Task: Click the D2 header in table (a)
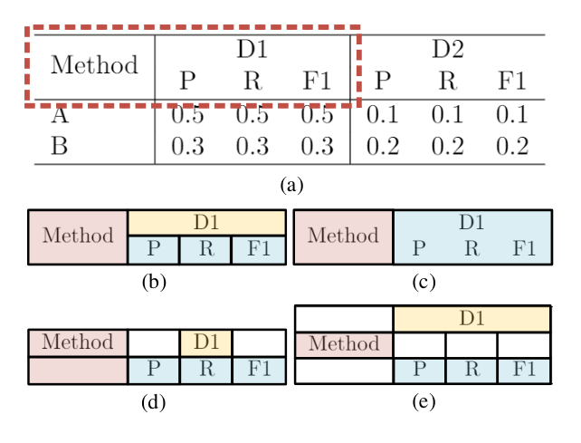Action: point(448,49)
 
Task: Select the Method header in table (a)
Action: point(94,64)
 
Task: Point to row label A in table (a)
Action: point(60,114)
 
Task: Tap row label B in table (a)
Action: point(59,146)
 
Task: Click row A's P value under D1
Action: point(187,114)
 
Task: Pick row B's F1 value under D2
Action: point(512,146)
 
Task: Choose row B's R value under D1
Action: point(252,146)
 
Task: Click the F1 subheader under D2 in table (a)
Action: point(512,80)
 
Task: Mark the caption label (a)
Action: point(291,185)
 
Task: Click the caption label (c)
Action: point(424,282)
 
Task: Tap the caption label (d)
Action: point(153,402)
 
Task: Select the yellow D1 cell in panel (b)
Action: point(206,223)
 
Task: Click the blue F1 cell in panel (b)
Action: point(259,250)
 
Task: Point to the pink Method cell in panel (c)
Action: point(343,237)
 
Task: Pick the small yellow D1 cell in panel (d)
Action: point(206,342)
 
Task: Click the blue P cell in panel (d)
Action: point(154,370)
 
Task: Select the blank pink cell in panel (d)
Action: point(78,371)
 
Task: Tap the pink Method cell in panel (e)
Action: point(344,344)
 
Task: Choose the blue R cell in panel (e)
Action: point(471,371)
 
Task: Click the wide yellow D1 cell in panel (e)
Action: point(471,318)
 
